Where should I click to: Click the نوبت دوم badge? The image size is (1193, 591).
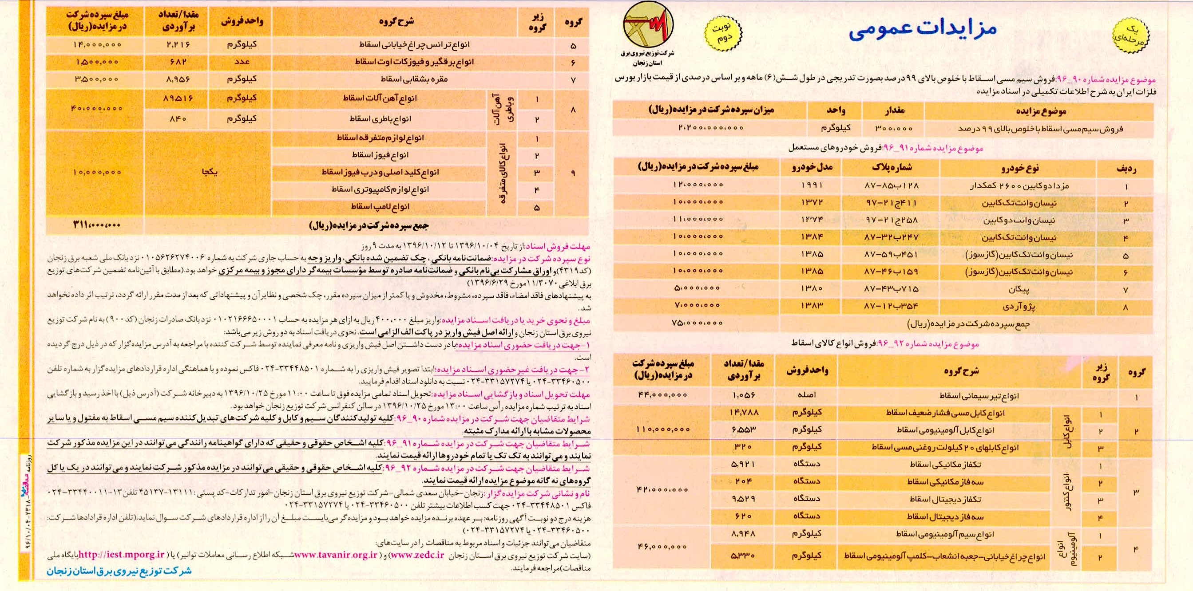click(x=723, y=32)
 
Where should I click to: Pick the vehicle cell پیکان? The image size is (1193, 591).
click(x=1019, y=289)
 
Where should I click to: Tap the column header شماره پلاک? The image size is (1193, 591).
click(x=892, y=168)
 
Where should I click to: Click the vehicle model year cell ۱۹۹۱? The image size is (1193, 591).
click(x=811, y=185)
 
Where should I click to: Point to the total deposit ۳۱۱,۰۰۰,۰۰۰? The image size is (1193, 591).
click(x=96, y=225)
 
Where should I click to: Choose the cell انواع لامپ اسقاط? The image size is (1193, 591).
click(x=380, y=206)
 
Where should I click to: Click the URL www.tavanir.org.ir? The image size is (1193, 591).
click(x=336, y=555)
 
